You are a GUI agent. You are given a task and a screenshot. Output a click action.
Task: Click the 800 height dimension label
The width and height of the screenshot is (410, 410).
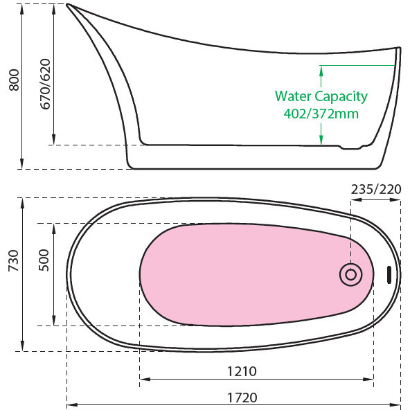coord(14,80)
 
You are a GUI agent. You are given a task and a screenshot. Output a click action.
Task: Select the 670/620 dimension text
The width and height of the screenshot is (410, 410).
coord(45,84)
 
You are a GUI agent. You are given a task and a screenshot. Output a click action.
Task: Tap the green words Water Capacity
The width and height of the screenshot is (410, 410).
coord(321,96)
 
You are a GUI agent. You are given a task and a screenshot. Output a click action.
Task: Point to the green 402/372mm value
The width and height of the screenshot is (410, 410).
coord(321,114)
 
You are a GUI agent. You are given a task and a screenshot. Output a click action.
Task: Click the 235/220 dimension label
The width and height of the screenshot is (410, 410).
coord(376,189)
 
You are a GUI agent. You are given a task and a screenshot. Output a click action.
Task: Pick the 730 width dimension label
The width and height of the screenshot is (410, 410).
coord(13,260)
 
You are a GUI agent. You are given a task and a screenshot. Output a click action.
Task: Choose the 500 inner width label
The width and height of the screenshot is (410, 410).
coord(44,260)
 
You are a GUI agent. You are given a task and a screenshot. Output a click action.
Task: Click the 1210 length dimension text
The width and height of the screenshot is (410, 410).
coord(242,371)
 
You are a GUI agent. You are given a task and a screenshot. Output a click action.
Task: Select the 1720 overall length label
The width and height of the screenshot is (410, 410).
coord(242,398)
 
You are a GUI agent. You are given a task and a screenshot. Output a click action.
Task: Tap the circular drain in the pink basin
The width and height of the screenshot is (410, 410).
coord(350,274)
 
